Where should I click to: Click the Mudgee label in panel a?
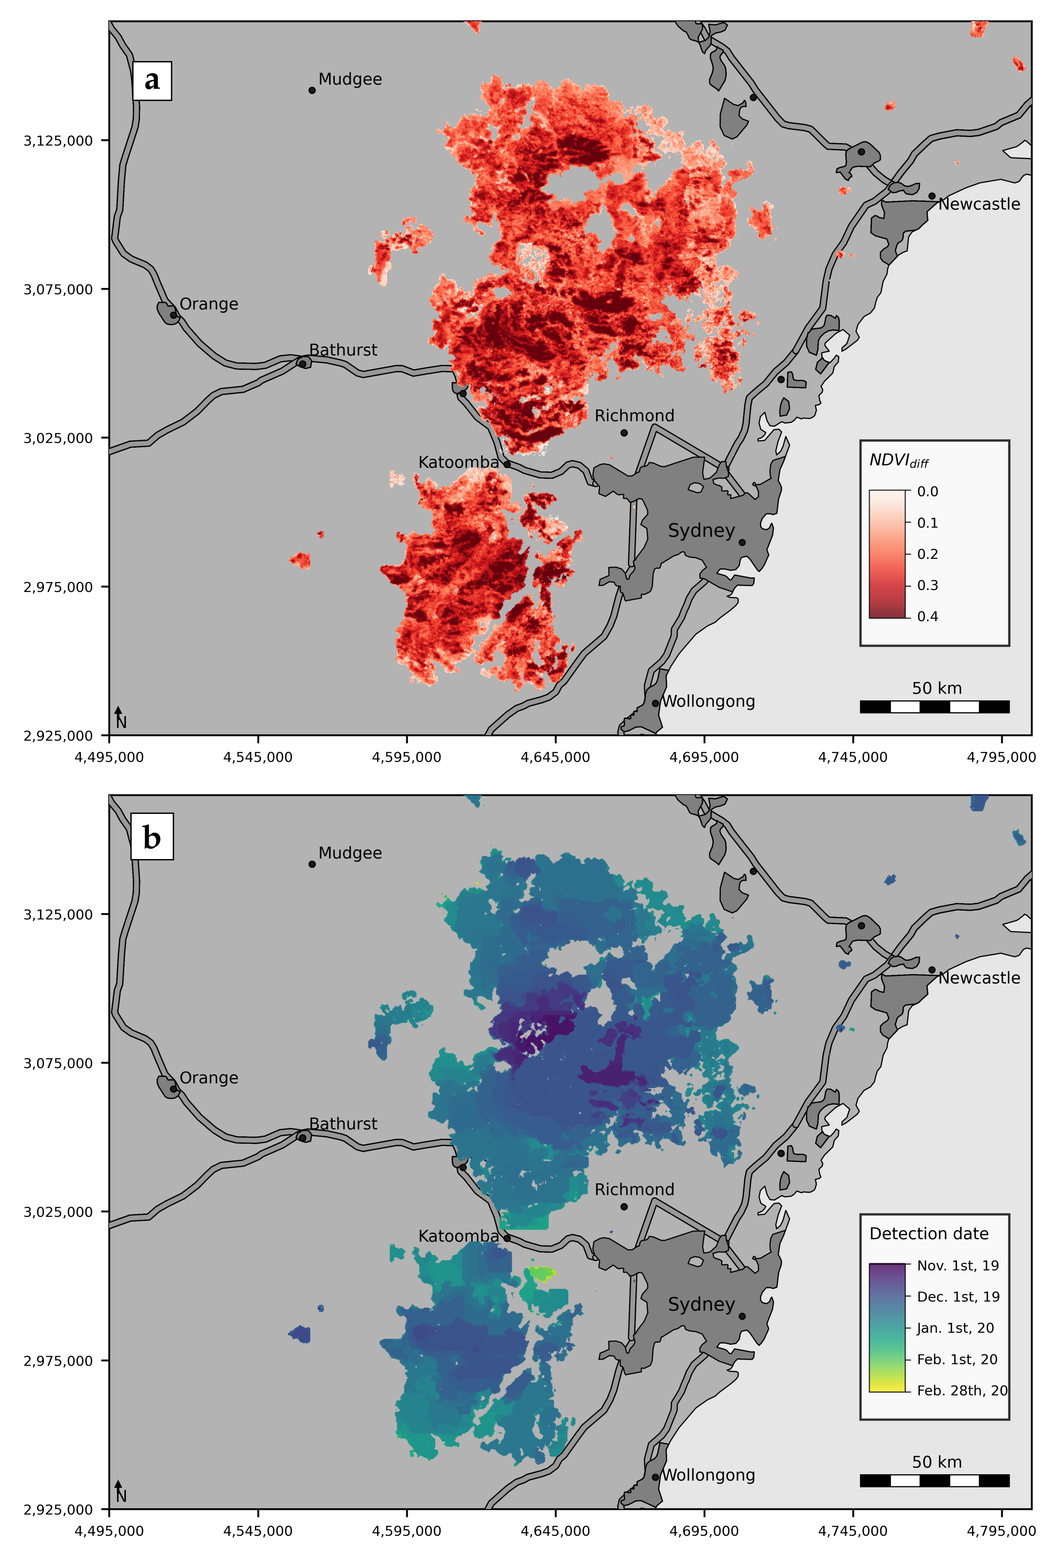coord(349,79)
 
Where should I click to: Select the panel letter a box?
coord(152,81)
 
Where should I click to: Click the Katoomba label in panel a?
coord(458,463)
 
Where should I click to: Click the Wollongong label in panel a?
coord(708,701)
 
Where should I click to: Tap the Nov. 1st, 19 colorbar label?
coord(957,1266)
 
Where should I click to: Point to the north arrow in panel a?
coord(119,716)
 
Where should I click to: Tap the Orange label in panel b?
coord(208,1078)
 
